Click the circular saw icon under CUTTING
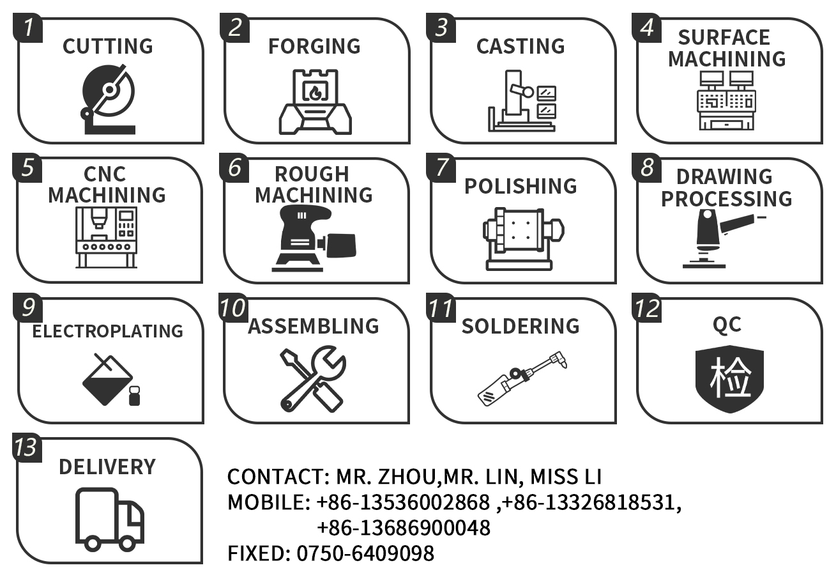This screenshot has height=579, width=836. pyautogui.click(x=108, y=99)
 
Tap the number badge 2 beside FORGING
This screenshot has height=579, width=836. pyautogui.click(x=235, y=27)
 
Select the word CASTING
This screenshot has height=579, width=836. pyautogui.click(x=521, y=46)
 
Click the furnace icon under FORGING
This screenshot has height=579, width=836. pyautogui.click(x=315, y=102)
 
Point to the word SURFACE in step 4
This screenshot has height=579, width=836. pyautogui.click(x=724, y=37)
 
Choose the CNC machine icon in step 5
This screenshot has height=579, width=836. pyautogui.click(x=107, y=237)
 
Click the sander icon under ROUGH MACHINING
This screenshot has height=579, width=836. pyautogui.click(x=314, y=238)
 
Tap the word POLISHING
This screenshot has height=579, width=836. pyautogui.click(x=521, y=186)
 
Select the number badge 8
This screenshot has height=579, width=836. pyautogui.click(x=647, y=167)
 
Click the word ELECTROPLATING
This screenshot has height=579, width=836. pyautogui.click(x=108, y=331)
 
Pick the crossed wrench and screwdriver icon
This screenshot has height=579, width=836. pyautogui.click(x=314, y=379)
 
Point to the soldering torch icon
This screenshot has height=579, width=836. pyautogui.click(x=522, y=379)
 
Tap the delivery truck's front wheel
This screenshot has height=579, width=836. pyautogui.click(x=127, y=543)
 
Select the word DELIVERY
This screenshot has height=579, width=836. pyautogui.click(x=107, y=467)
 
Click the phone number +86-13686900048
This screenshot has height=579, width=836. pyautogui.click(x=404, y=528)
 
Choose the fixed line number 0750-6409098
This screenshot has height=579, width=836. pyautogui.click(x=365, y=553)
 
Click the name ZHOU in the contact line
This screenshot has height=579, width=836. pyautogui.click(x=407, y=477)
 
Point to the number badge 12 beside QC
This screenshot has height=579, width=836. pyautogui.click(x=647, y=308)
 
